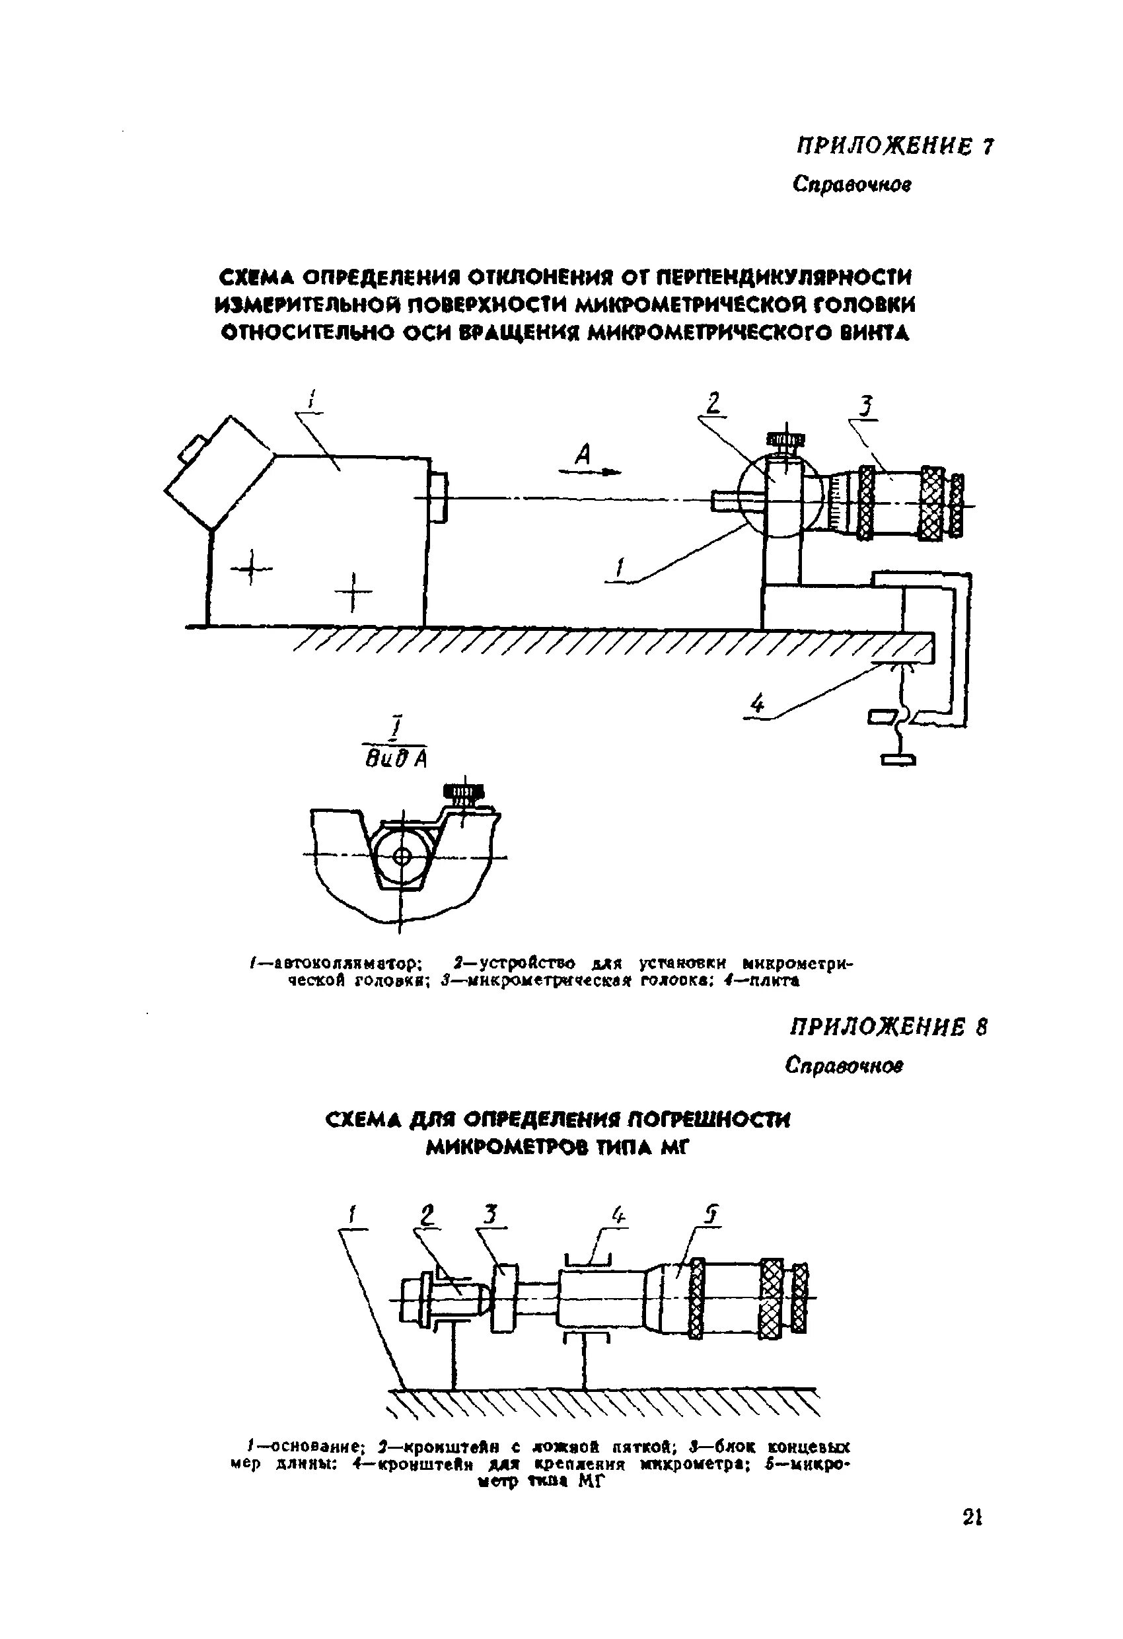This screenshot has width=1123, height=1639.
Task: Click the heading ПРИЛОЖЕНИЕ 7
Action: tap(894, 147)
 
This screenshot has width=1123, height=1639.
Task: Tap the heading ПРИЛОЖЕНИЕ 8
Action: tap(888, 1027)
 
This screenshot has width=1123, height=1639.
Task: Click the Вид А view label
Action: tap(398, 758)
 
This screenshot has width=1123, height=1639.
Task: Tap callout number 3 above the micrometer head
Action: tap(865, 407)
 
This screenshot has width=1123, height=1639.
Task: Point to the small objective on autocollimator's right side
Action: tap(438, 499)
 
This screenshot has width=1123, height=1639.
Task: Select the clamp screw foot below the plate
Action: tap(898, 759)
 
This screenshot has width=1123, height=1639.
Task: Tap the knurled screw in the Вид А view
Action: tap(462, 793)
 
